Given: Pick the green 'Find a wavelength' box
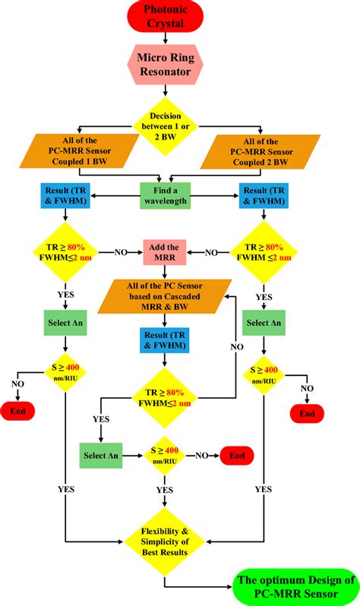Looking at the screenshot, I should pos(166,195).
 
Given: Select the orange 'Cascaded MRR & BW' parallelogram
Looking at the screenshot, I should pos(166,297).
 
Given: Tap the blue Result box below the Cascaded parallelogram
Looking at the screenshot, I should pos(166,341).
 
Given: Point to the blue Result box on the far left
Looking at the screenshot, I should pos(66,195).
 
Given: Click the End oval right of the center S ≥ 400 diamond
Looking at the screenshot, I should pos(237,456).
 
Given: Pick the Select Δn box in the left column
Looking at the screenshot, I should pos(66,322).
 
